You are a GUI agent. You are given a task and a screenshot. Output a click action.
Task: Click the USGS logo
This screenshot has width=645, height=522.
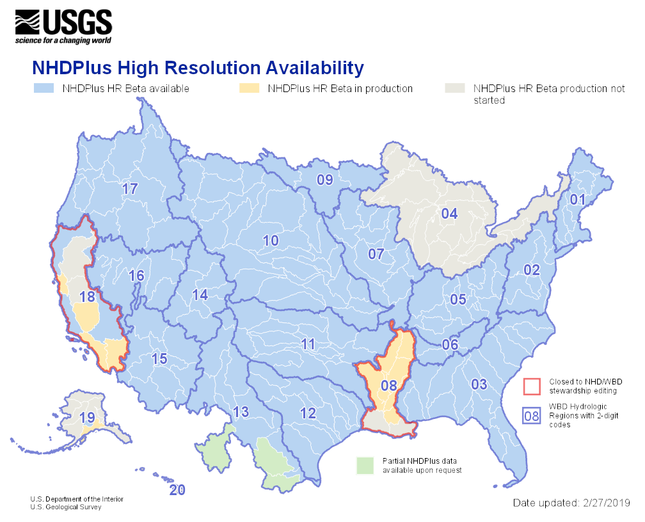click(x=64, y=26)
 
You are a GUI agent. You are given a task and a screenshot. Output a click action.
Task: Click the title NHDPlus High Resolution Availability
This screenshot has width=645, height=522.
click(x=198, y=68)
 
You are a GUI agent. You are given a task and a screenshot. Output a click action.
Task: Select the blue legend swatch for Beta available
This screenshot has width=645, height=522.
click(x=44, y=88)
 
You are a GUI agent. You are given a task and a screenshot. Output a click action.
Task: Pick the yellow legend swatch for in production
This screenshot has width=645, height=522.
click(x=248, y=88)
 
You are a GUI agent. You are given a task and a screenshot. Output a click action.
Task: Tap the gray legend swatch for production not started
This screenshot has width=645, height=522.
click(x=454, y=88)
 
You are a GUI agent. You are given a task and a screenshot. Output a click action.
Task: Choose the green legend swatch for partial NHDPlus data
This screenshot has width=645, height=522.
click(x=365, y=465)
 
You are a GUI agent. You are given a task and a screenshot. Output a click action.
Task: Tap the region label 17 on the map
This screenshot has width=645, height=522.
click(x=130, y=189)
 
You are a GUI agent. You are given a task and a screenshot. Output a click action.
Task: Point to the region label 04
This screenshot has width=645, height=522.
click(x=449, y=214)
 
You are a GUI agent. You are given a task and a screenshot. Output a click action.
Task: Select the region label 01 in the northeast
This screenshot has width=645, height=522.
click(x=578, y=200)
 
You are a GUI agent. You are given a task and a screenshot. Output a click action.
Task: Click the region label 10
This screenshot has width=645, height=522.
click(x=271, y=241)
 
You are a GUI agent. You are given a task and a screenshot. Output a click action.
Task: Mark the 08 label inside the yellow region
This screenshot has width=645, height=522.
click(x=388, y=385)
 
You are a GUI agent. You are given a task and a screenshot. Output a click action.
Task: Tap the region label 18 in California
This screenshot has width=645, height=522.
click(x=88, y=296)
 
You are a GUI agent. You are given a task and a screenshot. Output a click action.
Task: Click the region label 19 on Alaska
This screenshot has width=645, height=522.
click(x=87, y=417)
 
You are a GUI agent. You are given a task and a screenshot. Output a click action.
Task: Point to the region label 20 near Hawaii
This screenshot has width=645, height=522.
click(x=177, y=490)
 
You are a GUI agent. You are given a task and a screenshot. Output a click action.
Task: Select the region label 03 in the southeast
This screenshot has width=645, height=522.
click(x=479, y=384)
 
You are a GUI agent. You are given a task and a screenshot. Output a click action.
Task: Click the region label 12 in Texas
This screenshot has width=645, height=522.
click(x=308, y=413)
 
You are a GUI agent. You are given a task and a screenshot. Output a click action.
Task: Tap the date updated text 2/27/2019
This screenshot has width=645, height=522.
click(x=571, y=503)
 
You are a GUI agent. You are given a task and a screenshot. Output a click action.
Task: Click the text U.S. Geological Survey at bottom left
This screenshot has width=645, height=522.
click(x=65, y=507)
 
